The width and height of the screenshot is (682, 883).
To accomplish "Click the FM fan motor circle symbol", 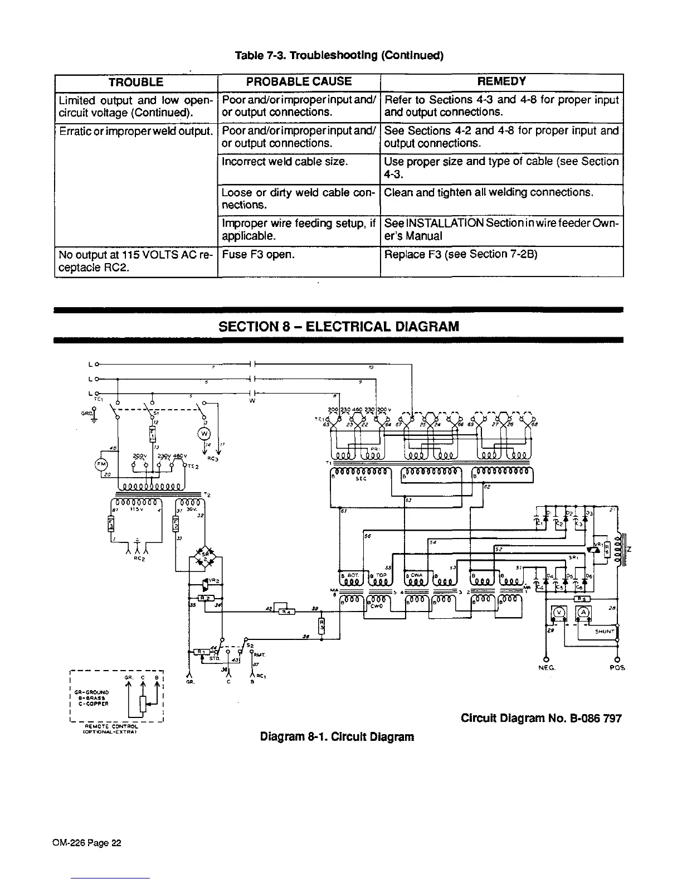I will coord(101,464).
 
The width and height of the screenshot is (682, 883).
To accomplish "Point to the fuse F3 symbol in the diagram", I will coord(110,525).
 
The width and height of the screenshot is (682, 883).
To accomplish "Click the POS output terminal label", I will coord(617,667).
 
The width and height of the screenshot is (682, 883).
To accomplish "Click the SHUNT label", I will coord(603,632).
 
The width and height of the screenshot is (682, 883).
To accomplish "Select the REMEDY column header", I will coord(501,82).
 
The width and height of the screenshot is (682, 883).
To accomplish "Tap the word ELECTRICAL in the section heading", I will coord(350,326).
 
